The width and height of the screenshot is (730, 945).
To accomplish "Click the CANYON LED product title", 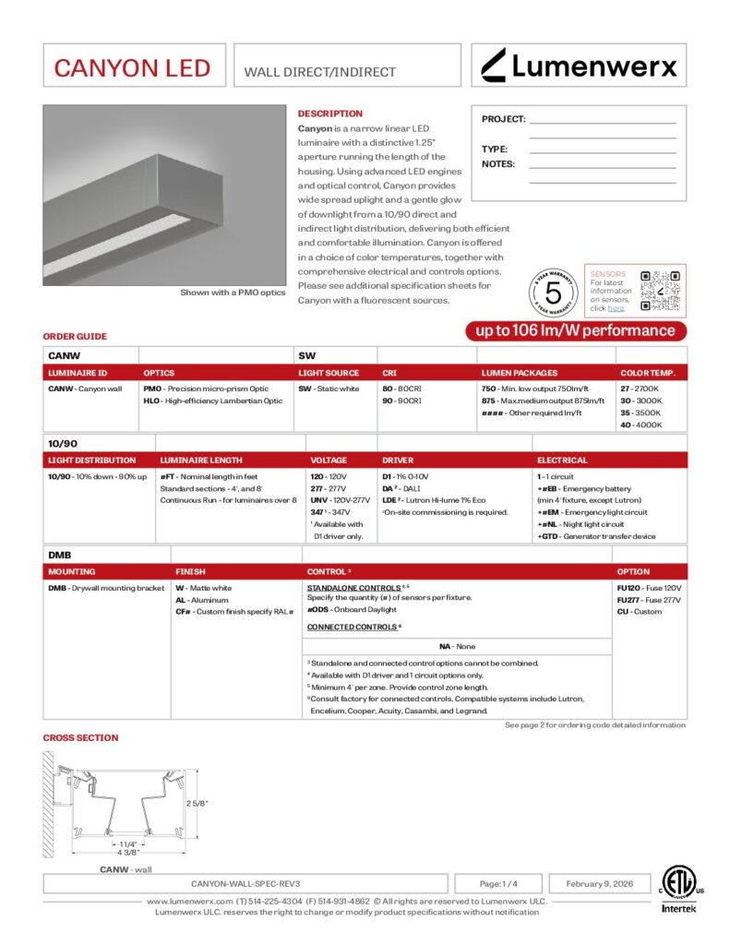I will (x=132, y=67).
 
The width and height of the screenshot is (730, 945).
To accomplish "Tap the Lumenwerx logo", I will (x=580, y=66).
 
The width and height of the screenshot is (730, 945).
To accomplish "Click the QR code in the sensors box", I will (x=660, y=290).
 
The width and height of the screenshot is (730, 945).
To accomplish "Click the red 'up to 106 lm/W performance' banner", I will (x=575, y=331).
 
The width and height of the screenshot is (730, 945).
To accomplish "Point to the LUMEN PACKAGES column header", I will (x=520, y=373).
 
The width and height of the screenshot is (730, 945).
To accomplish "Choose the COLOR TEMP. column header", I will (x=647, y=373).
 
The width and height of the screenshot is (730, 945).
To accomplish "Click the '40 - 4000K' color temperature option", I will (x=640, y=425).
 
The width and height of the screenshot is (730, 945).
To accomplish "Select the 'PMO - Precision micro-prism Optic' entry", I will (x=206, y=389).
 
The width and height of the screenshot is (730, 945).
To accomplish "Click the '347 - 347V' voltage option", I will (x=331, y=511).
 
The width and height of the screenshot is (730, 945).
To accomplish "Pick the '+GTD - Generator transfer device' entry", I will (x=596, y=536).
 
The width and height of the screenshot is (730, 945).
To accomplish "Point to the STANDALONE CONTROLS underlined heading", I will (x=353, y=587).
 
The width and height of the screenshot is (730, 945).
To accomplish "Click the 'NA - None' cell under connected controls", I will (x=458, y=647).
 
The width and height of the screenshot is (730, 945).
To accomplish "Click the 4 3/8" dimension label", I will (x=127, y=852).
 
